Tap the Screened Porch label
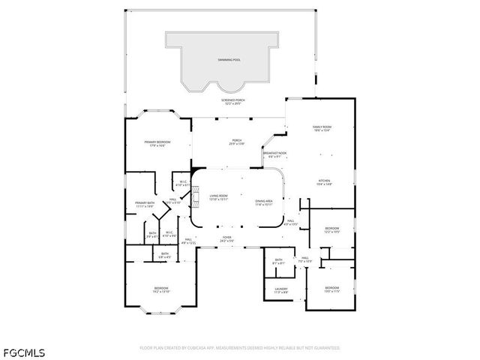tap(233, 101)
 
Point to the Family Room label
tap(322, 129)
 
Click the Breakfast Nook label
tap(271, 154)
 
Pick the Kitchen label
tap(323, 182)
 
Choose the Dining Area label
tap(263, 202)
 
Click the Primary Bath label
tap(145, 205)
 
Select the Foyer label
tap(226, 239)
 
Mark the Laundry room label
tap(281, 290)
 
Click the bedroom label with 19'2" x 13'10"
tap(161, 289)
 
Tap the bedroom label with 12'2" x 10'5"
tap(331, 230)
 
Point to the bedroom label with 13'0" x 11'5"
tap(331, 289)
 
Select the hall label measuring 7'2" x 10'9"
tap(305, 260)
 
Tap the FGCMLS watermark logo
tap(23, 351)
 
